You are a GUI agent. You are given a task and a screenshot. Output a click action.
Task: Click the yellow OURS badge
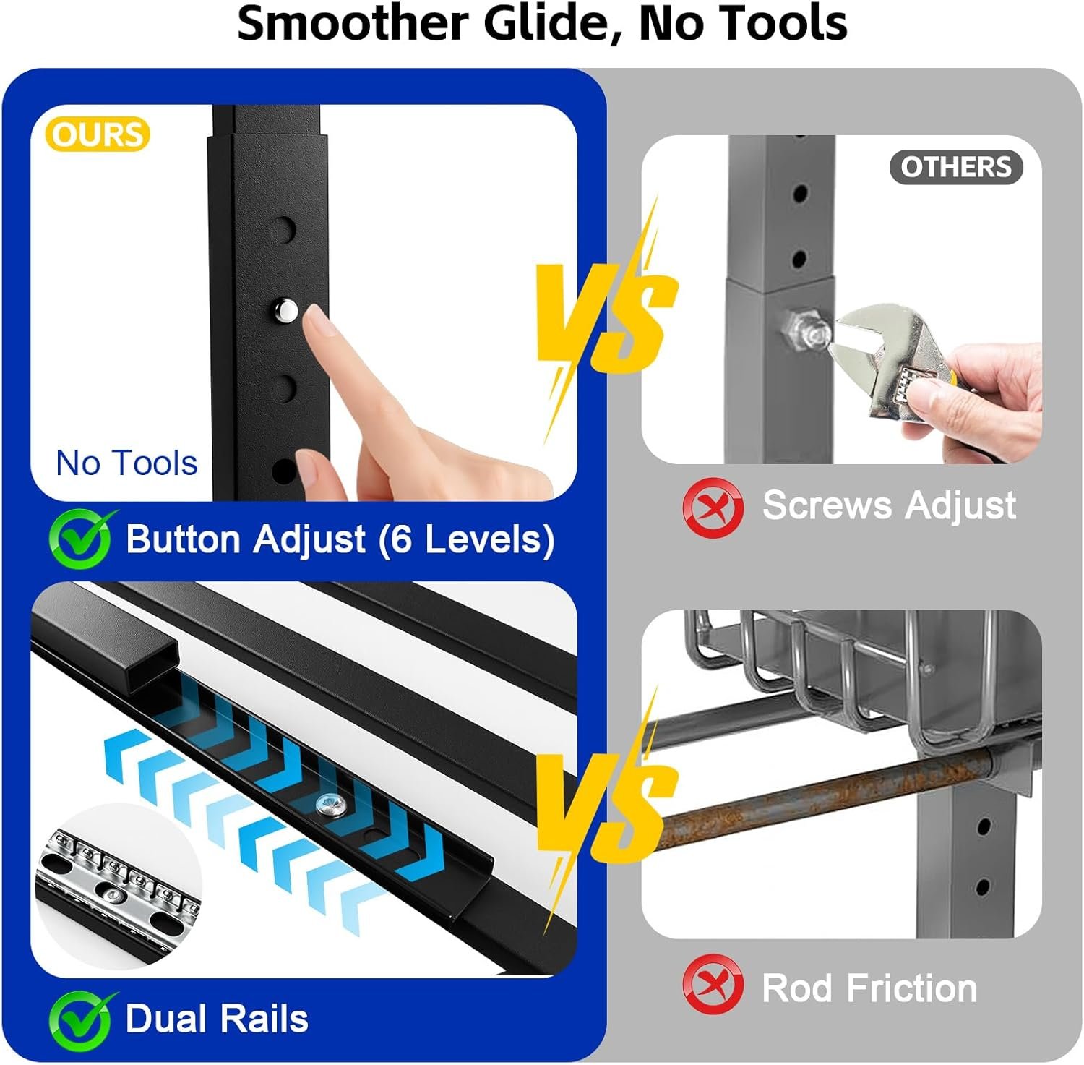coord(98,134)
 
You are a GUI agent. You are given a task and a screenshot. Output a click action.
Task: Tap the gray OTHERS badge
coord(955,167)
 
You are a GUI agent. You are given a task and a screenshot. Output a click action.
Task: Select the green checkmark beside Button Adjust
coord(81,539)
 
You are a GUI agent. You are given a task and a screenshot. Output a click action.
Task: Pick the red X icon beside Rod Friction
coord(713,985)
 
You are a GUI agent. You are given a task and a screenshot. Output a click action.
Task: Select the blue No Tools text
coord(126,463)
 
